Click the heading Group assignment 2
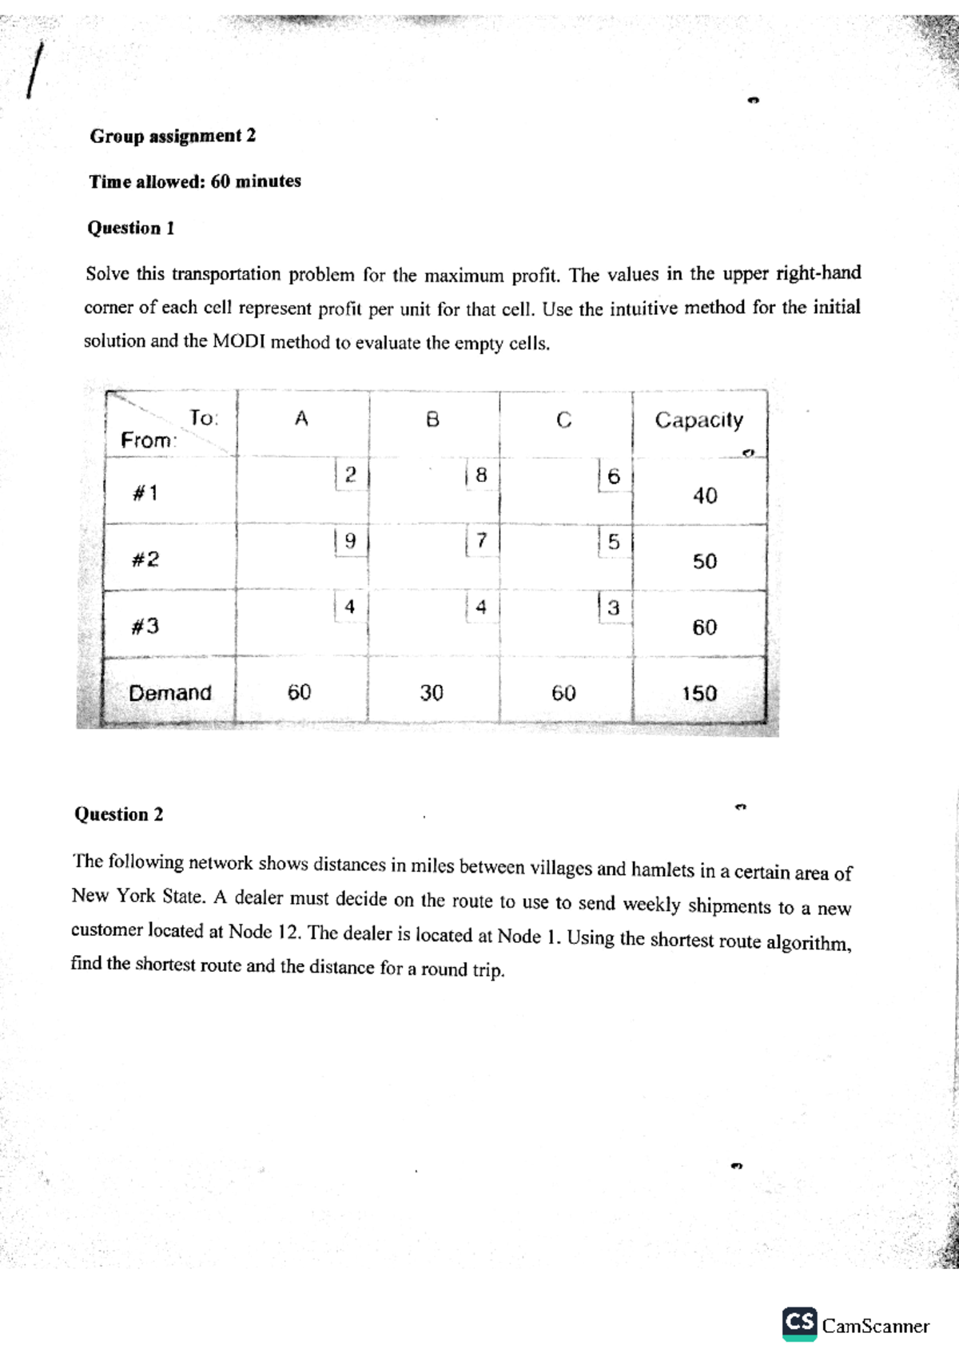coord(173,136)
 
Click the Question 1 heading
coord(130,229)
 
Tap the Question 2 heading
coord(118,814)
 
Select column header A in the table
coord(301,419)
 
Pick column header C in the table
coord(563,420)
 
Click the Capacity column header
coord(698,420)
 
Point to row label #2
coord(145,559)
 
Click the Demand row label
coord(170,693)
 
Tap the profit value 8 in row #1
coord(481,475)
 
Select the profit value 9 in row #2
coord(349,541)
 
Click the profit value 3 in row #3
coord(613,608)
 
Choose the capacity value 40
coord(705,496)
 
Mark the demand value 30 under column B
coord(432,693)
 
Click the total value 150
coord(699,694)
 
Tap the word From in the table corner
coord(146,440)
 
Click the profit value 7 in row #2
coord(481,541)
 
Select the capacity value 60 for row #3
coord(704,628)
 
